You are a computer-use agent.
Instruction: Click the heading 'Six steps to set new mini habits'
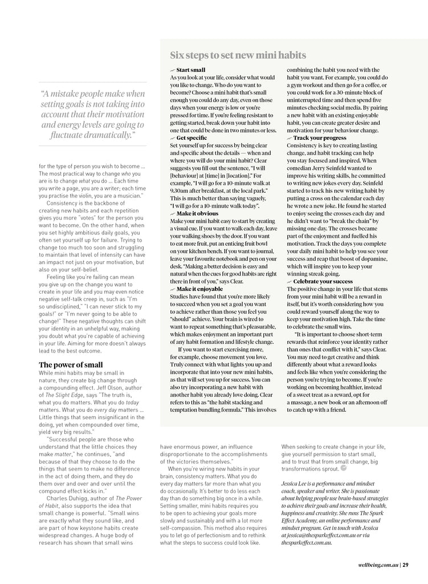coord(238,55)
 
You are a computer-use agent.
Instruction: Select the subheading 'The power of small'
coord(71,364)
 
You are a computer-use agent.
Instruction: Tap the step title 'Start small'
coord(190,70)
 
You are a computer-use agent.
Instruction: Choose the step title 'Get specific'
coord(191,138)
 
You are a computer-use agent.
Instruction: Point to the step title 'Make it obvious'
coord(197,213)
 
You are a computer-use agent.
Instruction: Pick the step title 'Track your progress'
coord(319,138)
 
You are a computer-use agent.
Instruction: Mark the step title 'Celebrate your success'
coord(323,282)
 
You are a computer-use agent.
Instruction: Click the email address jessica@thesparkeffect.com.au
coord(322,536)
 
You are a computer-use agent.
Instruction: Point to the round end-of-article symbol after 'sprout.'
coord(343,468)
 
